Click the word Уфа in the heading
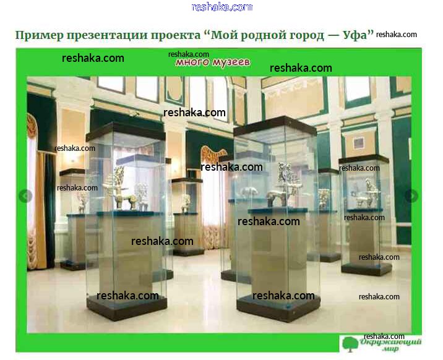pyautogui.click(x=358, y=35)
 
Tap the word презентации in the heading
pyautogui.click(x=106, y=35)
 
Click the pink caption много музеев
pyautogui.click(x=213, y=62)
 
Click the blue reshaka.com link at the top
pyautogui.click(x=222, y=7)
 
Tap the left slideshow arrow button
pyautogui.click(x=25, y=195)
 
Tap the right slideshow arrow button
pyautogui.click(x=411, y=195)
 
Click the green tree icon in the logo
pyautogui.click(x=350, y=344)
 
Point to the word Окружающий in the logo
pyautogui.click(x=390, y=342)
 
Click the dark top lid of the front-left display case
pyautogui.click(x=126, y=132)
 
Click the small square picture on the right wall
pyautogui.click(x=358, y=143)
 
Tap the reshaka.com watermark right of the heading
pyautogui.click(x=397, y=35)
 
